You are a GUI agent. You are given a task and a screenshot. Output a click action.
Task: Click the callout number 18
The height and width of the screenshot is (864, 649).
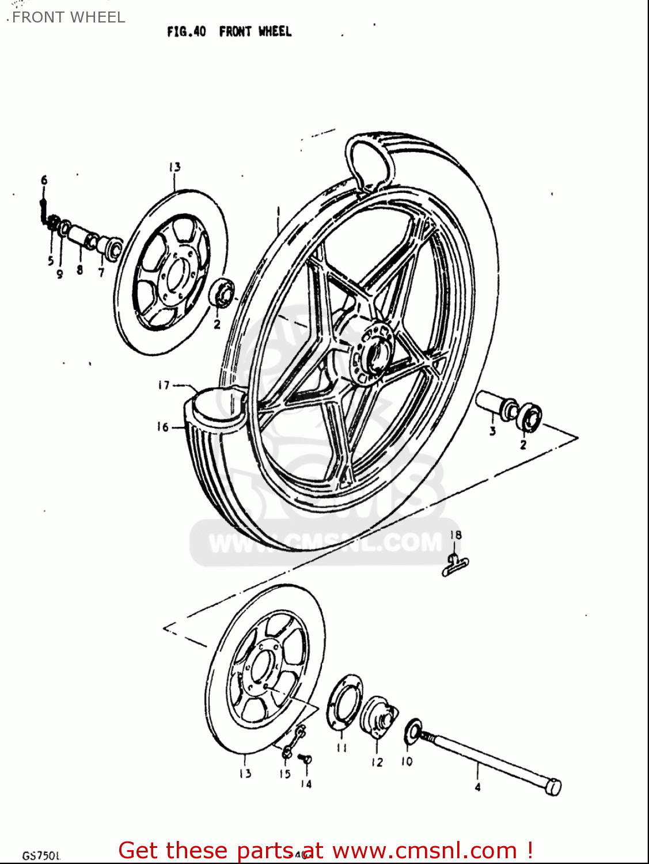click(x=456, y=535)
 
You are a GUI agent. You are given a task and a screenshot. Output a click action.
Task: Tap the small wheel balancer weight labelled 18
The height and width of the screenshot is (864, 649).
click(x=455, y=565)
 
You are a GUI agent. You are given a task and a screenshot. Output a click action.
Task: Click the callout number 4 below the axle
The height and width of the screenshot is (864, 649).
click(x=477, y=787)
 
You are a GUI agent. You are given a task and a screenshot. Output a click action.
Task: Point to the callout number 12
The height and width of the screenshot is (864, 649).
click(x=377, y=762)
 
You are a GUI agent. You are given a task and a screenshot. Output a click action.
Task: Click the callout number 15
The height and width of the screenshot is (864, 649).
click(x=285, y=774)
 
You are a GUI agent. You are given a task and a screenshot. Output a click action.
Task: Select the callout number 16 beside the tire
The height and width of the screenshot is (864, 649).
click(x=163, y=427)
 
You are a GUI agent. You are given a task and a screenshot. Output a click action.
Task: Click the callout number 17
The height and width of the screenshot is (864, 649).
click(x=164, y=385)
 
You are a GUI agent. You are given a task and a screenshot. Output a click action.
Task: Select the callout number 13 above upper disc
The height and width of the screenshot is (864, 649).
click(x=174, y=167)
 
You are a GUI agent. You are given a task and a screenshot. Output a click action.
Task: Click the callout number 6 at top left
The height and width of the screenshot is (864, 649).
click(x=44, y=180)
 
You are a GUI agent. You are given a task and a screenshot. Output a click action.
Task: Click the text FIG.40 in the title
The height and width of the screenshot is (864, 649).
click(x=186, y=32)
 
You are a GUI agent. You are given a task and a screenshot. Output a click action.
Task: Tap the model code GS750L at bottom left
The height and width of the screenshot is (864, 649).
click(x=41, y=855)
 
